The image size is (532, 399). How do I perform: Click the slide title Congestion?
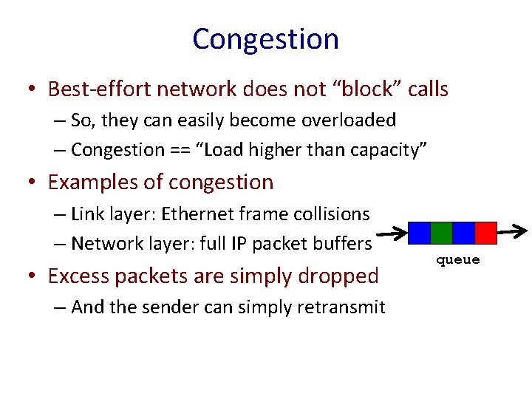tap(265, 39)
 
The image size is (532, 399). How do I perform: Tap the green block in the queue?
tap(441, 233)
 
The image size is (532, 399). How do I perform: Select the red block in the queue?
tap(485, 233)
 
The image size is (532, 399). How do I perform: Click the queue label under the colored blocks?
tap(457, 260)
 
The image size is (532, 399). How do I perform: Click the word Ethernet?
tap(194, 214)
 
